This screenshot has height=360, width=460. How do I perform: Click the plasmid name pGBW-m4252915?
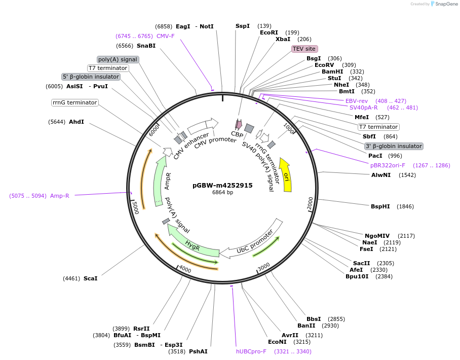pos(222,185)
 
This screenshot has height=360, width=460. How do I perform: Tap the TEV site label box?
pos(304,49)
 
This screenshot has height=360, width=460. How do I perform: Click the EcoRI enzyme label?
pos(269,32)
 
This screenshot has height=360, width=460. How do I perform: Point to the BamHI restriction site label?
pos(332,71)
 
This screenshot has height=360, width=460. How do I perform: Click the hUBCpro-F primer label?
pos(251,351)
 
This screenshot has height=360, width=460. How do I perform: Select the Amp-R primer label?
pos(59,196)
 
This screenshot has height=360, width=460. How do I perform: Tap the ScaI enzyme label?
pos(90,278)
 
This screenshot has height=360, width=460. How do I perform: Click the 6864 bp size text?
pos(222,193)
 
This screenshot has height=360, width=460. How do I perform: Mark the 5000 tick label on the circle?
pos(135,207)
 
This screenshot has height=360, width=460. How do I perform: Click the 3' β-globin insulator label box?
pos(394,146)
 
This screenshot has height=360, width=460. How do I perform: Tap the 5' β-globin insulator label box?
pos(91,77)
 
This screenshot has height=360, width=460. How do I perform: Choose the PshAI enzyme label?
pos(198,351)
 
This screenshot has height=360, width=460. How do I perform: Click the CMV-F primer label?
pos(165,36)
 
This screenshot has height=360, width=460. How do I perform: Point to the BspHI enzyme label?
pos(380,206)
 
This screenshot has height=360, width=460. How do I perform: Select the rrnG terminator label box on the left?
pos(74,102)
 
